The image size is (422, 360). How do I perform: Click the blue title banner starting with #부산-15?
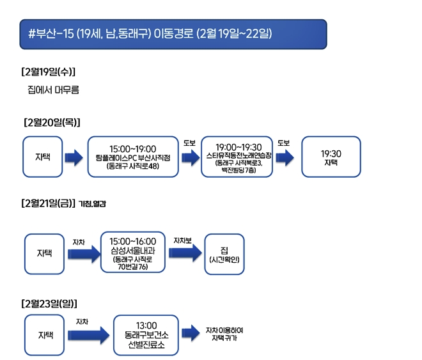(173, 34)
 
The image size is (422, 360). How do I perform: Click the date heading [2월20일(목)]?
(52, 121)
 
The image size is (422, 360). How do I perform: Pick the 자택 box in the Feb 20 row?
(43, 157)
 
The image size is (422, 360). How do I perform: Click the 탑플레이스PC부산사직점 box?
(132, 157)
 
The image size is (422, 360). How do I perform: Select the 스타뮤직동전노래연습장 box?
(238, 157)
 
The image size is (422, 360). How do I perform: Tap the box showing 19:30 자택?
(332, 157)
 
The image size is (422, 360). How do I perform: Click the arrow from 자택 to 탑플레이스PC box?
(74, 157)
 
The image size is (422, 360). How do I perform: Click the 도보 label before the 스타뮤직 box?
(189, 142)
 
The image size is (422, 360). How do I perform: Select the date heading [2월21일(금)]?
(49, 204)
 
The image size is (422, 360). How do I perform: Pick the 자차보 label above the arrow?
(182, 240)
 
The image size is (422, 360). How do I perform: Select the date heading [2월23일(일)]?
(49, 302)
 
